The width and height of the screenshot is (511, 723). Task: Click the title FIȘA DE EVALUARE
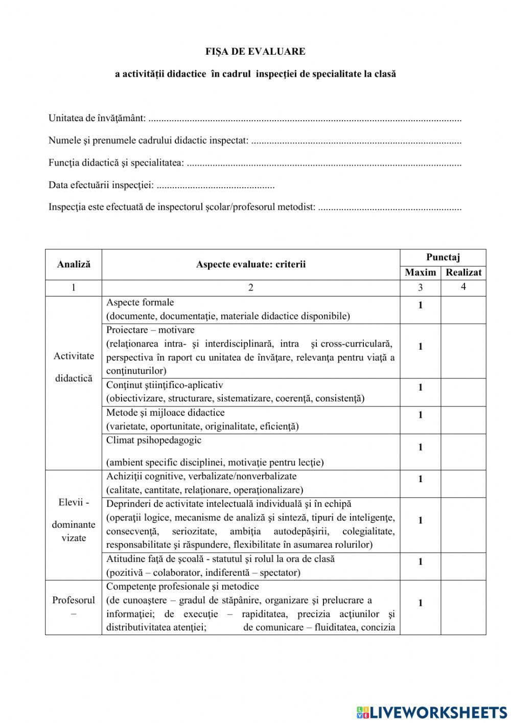255,52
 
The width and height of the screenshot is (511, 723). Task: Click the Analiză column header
74,264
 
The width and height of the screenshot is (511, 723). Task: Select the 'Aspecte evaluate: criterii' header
250,264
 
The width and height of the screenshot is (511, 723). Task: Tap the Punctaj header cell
443,257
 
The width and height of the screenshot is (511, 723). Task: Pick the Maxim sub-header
420,273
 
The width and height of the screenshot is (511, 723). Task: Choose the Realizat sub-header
463,273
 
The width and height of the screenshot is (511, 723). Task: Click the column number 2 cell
250,287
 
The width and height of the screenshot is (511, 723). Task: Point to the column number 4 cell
463,287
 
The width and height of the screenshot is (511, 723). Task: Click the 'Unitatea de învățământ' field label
97,119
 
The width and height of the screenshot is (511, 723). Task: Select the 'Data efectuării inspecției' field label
101,185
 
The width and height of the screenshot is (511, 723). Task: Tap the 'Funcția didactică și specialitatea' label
117,163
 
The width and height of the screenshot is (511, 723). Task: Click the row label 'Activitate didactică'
74,367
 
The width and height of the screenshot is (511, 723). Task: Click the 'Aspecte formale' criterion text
140,302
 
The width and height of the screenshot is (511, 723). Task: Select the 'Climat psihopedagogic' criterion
154,440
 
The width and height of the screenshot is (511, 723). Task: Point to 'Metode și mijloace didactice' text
165,413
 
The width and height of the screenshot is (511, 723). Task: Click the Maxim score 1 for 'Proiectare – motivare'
420,347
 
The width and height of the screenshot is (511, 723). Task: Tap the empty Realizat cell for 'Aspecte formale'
463,310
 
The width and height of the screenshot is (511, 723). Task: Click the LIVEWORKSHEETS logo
432,712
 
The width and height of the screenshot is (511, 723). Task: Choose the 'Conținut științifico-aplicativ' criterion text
165,385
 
